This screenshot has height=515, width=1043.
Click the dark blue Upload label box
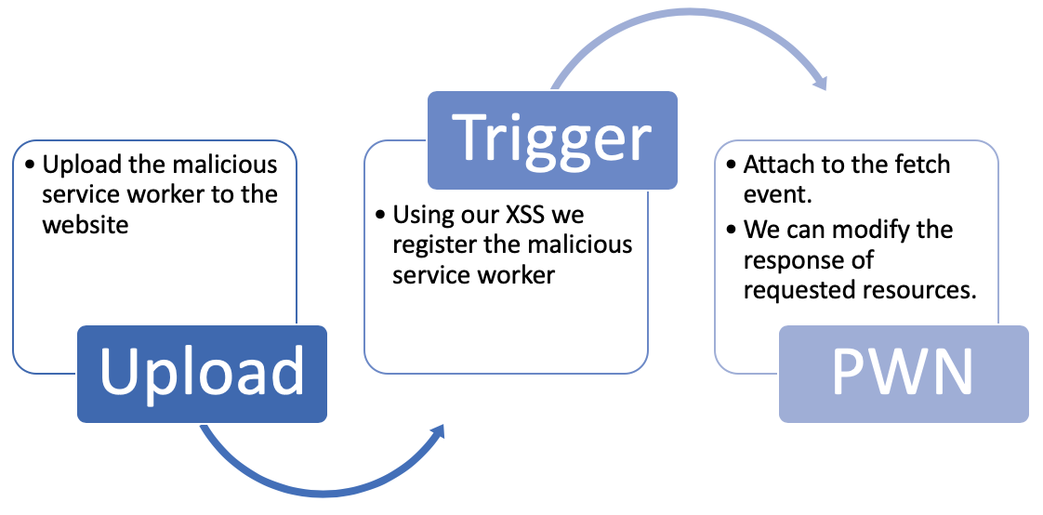click(202, 374)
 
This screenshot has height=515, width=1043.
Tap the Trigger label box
click(551, 139)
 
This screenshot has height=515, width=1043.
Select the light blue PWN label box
click(903, 374)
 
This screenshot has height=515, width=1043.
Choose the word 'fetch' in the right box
click(919, 165)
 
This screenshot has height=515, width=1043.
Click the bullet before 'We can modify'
click(732, 230)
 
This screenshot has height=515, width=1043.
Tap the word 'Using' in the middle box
click(418, 216)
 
